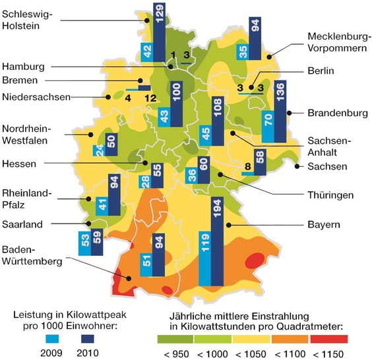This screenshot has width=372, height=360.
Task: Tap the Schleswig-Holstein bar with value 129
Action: (x=159, y=32)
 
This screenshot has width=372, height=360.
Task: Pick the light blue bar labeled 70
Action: (x=268, y=128)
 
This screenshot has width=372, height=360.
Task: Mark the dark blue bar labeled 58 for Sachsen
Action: (x=260, y=162)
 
